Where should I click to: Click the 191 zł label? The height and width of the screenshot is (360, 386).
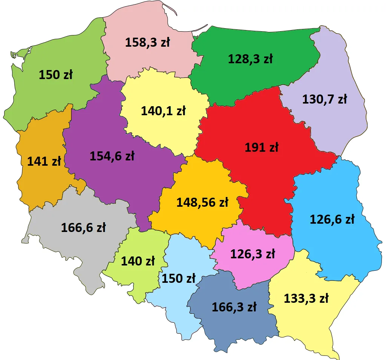pyautogui.click(x=261, y=148)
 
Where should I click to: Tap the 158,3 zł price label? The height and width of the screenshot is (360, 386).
pyautogui.click(x=147, y=42)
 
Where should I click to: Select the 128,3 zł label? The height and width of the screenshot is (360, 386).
pyautogui.click(x=250, y=59)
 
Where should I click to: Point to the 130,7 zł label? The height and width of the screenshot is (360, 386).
pyautogui.click(x=325, y=99)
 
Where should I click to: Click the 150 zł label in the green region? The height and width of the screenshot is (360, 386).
pyautogui.click(x=55, y=75)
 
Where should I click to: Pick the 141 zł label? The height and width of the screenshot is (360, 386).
pyautogui.click(x=44, y=161)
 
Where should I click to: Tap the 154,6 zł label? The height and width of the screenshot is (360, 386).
pyautogui.click(x=112, y=156)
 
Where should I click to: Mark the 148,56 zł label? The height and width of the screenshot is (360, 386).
pyautogui.click(x=202, y=203)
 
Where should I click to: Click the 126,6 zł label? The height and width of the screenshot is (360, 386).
pyautogui.click(x=332, y=219)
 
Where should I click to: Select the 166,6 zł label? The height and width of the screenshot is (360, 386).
pyautogui.click(x=83, y=227)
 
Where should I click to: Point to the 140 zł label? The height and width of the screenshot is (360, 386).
pyautogui.click(x=138, y=261)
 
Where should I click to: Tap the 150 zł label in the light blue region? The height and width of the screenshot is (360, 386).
pyautogui.click(x=178, y=278)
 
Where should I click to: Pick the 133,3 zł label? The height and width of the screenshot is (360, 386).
pyautogui.click(x=306, y=299)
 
